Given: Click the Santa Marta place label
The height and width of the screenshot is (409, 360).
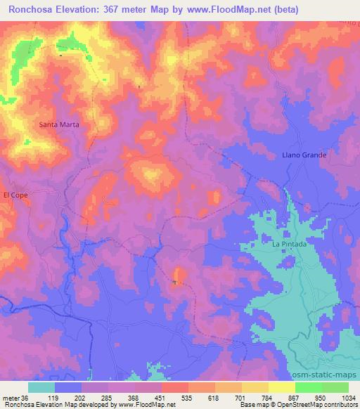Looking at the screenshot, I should tap(58, 124).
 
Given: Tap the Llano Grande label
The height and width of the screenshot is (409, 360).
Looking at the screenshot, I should tap(300, 154).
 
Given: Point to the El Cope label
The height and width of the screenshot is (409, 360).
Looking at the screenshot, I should tap(15, 195).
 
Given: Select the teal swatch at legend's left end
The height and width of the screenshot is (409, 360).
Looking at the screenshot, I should tap(41, 387).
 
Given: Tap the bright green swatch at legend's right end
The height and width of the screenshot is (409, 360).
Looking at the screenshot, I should tap(335, 387).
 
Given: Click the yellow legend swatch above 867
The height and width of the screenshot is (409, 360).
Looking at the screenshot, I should tap(281, 387).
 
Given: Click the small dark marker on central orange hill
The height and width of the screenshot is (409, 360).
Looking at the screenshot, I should tap(174, 283).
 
